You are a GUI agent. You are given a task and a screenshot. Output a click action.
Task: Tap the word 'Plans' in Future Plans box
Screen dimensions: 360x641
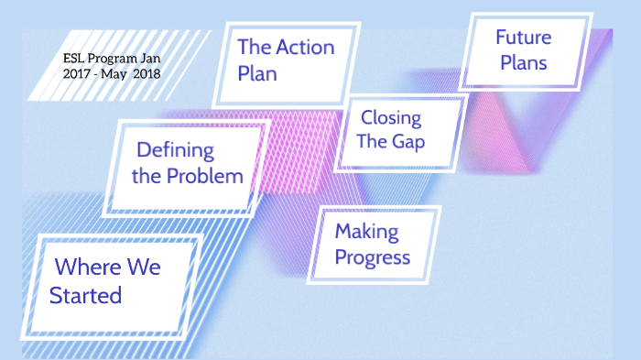524,62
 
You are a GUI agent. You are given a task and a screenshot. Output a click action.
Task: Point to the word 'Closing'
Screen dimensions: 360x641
391,117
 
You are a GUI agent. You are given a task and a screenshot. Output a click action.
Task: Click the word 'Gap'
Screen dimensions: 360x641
408,142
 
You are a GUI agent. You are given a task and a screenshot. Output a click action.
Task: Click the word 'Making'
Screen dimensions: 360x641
364,231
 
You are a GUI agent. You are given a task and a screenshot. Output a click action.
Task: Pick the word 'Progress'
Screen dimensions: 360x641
372,256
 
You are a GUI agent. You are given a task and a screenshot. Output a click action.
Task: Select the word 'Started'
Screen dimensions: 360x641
85,296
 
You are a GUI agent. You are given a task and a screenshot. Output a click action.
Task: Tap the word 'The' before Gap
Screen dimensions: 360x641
373,142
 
